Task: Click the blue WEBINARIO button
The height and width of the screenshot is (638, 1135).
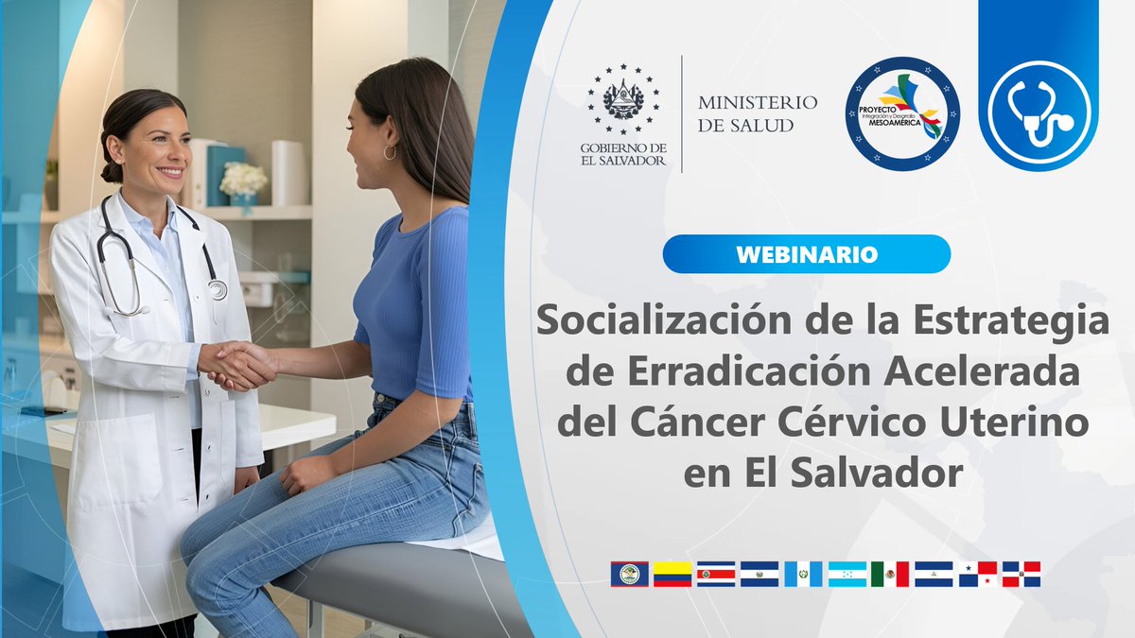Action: tap(806, 254)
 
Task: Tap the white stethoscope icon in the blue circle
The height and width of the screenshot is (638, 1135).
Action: tap(1039, 112)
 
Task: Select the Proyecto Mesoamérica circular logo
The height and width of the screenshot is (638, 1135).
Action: tap(901, 113)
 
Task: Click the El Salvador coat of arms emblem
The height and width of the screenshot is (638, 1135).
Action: tap(623, 99)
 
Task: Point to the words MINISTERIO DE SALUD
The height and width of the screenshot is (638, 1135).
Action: tap(758, 113)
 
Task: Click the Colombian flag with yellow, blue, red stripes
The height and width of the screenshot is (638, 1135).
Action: tap(672, 574)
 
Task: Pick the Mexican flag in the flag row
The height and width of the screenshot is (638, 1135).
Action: tap(890, 574)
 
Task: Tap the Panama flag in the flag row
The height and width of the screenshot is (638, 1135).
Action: tap(977, 574)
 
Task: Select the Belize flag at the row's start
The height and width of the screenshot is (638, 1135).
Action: tap(629, 574)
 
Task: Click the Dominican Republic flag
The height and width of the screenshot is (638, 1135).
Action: tap(1021, 574)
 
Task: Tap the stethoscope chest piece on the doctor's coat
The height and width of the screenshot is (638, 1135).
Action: tap(218, 289)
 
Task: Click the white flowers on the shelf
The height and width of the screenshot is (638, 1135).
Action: tap(243, 179)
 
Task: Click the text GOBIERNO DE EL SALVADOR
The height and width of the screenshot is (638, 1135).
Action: tap(623, 154)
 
